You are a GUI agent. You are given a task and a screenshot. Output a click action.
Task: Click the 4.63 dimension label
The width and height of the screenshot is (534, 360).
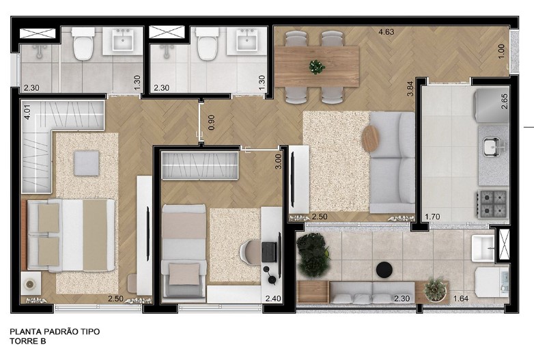pos(387,32)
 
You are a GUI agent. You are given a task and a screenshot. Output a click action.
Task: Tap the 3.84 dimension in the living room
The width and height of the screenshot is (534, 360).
pos(410,89)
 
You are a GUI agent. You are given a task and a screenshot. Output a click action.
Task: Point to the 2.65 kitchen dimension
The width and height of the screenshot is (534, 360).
pos(505,101)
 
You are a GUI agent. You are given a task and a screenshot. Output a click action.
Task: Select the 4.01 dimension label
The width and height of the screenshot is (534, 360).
pos(27,111)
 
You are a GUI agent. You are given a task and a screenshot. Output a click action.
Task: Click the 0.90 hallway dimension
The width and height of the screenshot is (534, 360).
pos(211,122)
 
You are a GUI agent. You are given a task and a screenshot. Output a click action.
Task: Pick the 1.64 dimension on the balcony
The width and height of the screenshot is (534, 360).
pos(461,299)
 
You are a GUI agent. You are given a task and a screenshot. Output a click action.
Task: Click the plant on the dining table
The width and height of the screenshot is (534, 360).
pos(317,67)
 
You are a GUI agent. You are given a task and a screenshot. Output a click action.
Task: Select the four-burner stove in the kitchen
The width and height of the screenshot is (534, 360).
pos(492,204)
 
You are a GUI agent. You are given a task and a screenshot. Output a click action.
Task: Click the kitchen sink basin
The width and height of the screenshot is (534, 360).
pos(492,147)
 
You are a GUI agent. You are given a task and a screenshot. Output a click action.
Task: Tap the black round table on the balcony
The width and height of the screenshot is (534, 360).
pos(384,270)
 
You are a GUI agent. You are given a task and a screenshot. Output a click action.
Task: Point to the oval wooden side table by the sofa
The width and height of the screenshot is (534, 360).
pos(370,139)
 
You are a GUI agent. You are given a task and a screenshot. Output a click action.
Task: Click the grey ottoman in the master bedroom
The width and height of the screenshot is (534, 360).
pos(87,163)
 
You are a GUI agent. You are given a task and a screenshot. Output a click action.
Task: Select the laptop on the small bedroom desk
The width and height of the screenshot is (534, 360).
pos(269,251)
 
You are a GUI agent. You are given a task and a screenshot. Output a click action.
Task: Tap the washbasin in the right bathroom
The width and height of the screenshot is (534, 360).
pos(247,40)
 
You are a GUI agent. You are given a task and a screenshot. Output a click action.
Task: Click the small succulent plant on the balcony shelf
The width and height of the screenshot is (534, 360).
pos(435,289)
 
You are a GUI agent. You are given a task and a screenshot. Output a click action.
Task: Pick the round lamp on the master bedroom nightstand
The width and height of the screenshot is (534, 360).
pos(30,283)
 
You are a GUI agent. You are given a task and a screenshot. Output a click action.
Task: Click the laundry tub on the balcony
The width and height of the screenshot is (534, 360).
pos(483,248)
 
